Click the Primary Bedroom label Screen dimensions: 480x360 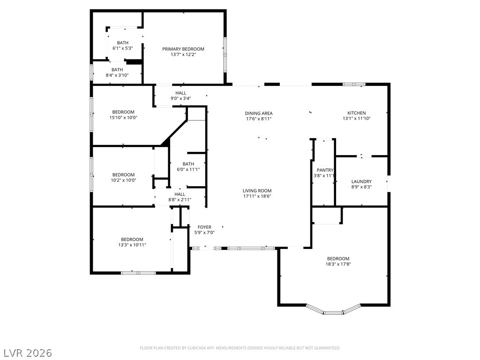tap(183, 49)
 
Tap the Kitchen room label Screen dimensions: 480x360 tap(356, 113)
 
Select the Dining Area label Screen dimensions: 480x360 tap(259, 113)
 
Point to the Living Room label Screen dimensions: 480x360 tap(257, 191)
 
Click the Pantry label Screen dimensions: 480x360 tap(325, 170)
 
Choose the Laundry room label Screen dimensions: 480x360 tap(361, 181)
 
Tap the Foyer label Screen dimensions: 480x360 tap(204, 227)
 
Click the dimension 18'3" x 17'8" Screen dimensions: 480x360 tap(338, 264)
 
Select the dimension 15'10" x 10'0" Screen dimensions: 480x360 tap(123, 118)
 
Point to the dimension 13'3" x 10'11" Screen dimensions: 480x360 tap(132, 245)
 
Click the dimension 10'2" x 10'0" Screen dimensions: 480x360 tap(123, 180)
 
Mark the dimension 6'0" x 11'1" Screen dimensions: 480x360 tap(188, 169)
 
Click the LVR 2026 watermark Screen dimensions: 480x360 tap(26, 353)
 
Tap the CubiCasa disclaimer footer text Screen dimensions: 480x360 tap(240, 348)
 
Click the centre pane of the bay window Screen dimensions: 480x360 tap(333, 313)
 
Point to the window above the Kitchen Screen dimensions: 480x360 tap(354, 84)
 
